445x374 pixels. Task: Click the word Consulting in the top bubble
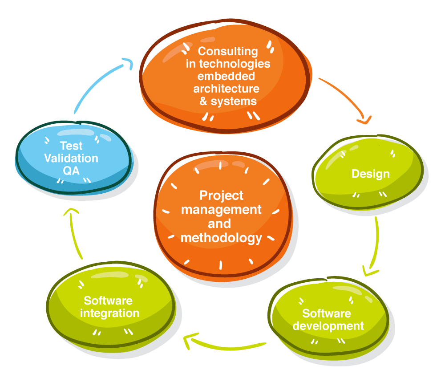tap(228, 52)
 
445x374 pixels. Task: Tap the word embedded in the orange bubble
tap(226, 76)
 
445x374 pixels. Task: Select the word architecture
tap(226, 88)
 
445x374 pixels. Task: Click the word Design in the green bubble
tap(370, 174)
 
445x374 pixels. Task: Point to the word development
tap(328, 326)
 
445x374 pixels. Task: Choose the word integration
tap(109, 313)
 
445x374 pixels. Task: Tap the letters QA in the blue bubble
tap(71, 170)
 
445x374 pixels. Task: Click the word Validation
tap(71, 158)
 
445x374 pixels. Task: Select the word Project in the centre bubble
tap(222, 195)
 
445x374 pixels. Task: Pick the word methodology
tap(221, 238)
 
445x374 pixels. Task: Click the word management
tap(221, 209)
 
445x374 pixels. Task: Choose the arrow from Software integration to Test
tap(73, 234)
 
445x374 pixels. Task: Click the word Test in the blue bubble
tap(71, 146)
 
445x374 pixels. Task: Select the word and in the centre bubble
tap(219, 224)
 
